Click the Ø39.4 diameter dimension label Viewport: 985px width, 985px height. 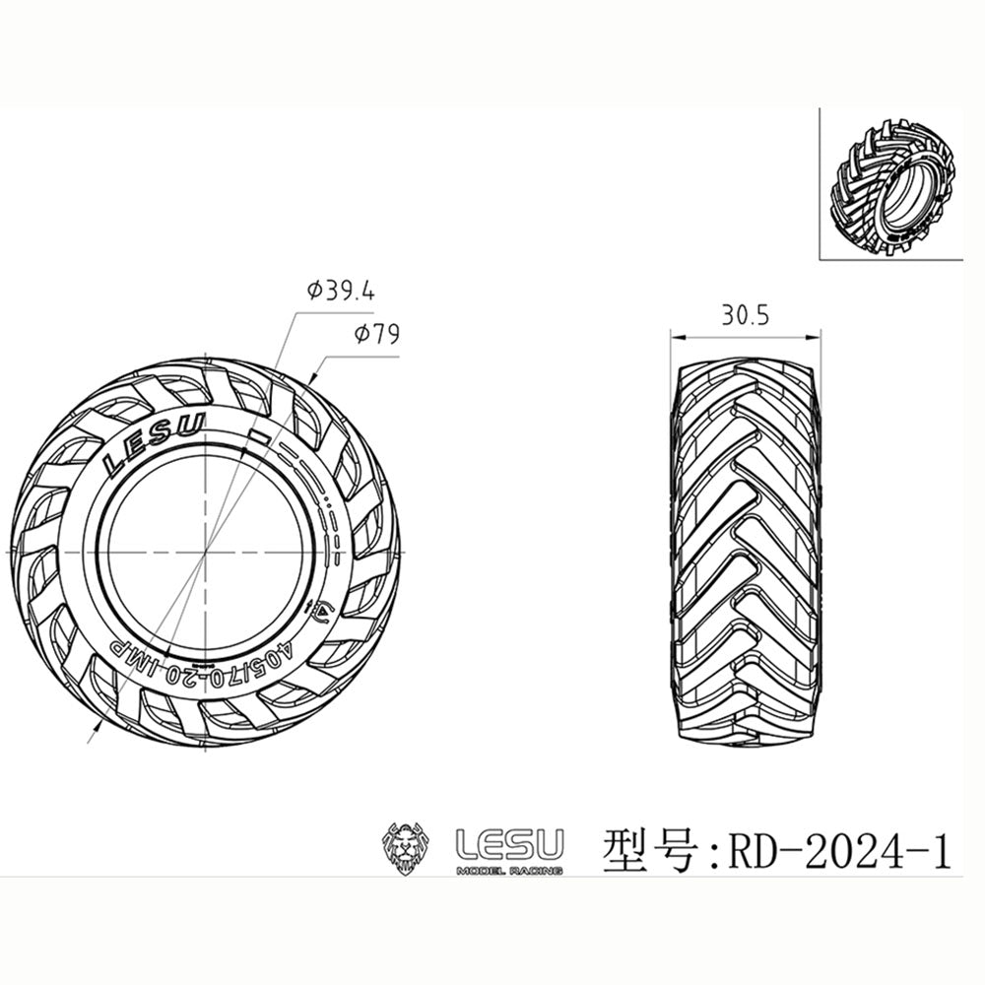point(341,292)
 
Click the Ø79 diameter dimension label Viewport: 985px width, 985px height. point(375,335)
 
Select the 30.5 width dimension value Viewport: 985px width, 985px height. point(744,315)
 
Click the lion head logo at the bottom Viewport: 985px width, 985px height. point(409,847)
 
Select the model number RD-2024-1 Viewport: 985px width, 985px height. point(839,849)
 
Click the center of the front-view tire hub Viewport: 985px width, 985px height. point(204,556)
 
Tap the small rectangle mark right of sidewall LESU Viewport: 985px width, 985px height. point(258,433)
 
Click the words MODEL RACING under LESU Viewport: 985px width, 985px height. point(508,871)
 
